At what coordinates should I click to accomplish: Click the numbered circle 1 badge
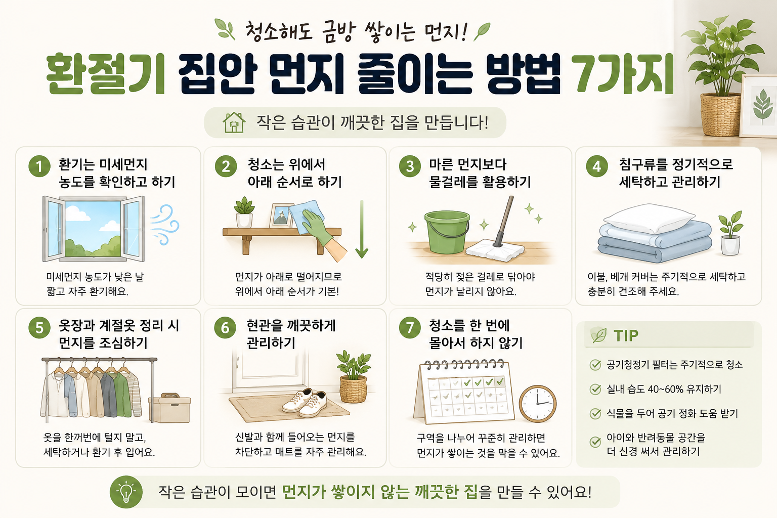(39, 166)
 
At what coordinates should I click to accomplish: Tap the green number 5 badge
(39, 327)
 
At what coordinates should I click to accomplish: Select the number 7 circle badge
(410, 327)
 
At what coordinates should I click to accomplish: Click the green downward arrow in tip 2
(362, 229)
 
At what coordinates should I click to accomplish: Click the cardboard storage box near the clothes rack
(169, 408)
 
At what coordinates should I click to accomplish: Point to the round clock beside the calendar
(538, 404)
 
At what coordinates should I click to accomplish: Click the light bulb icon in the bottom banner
(126, 492)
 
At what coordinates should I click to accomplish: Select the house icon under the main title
(234, 122)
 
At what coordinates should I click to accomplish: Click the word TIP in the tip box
(626, 335)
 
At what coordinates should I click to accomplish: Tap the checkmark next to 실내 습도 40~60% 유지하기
(595, 390)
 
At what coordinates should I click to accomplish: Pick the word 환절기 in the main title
(105, 74)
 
